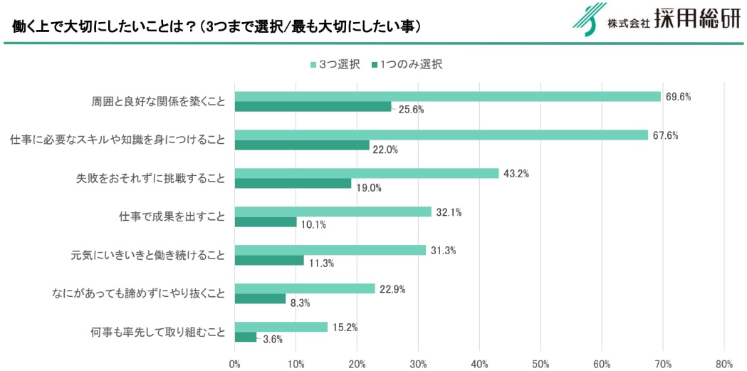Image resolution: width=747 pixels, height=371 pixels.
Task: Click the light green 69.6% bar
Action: [x=448, y=96]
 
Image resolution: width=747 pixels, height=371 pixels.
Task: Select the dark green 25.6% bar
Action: [x=313, y=107]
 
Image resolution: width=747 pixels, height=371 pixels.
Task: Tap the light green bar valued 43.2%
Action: [x=367, y=173]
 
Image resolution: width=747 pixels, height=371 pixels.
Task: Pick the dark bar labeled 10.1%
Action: [x=266, y=222]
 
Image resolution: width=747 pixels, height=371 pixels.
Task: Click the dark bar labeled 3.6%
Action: [x=246, y=337]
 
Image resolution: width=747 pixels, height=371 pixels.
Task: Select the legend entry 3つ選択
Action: [x=335, y=65]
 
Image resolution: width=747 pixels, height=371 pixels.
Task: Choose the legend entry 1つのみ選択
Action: [x=407, y=65]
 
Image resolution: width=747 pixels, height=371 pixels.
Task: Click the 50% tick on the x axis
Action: [x=540, y=364]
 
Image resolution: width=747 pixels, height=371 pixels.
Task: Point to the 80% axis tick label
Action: [x=724, y=364]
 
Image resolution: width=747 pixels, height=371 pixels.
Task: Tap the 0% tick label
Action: [x=235, y=364]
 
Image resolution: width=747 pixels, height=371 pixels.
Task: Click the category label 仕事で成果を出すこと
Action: [x=172, y=216]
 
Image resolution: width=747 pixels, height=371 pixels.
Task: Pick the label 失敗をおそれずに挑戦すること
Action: [x=150, y=178]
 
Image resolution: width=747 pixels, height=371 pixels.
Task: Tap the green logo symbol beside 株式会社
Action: [x=587, y=20]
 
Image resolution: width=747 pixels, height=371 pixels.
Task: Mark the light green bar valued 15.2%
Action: [x=281, y=327]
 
